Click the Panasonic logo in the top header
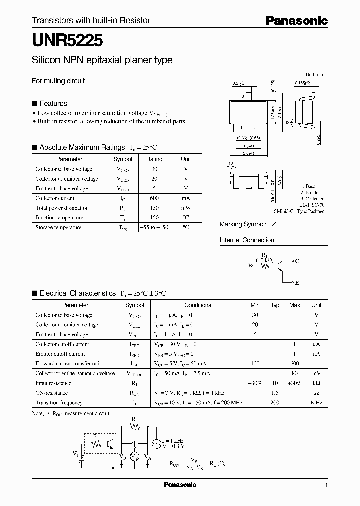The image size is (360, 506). tap(296, 20)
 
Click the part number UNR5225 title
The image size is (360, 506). tap(61, 39)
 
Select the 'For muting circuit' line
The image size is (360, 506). tap(58, 81)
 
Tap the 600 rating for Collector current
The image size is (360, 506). tap(154, 198)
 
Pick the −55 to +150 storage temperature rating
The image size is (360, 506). tap(154, 227)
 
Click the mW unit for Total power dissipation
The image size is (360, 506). tap(186, 208)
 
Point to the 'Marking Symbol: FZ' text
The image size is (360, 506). tap(248, 225)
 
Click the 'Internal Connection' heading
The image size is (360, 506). tap(247, 240)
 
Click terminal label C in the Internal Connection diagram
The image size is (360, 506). tap(297, 261)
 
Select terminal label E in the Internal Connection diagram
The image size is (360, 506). tap(297, 282)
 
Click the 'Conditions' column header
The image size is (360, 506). tap(197, 305)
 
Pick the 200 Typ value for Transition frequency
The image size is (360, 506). tap(275, 403)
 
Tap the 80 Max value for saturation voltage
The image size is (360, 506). tap(294, 373)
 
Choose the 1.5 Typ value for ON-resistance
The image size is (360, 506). tap(275, 393)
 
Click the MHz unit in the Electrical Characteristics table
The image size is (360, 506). tap(316, 403)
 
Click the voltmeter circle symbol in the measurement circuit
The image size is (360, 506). tap(133, 456)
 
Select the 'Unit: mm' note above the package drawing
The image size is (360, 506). tap(314, 74)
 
